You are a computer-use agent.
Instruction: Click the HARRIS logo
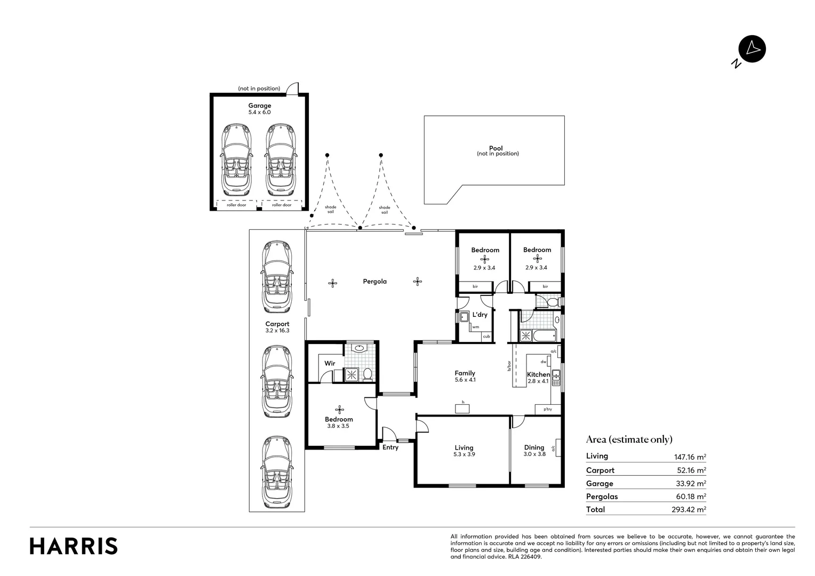[74, 546]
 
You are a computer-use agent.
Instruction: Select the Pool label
[496, 148]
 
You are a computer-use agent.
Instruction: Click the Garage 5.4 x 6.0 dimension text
[259, 113]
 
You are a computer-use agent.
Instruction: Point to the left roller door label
[236, 205]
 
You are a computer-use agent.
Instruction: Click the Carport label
[277, 324]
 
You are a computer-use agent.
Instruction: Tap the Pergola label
[374, 281]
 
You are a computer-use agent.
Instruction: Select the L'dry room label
[480, 315]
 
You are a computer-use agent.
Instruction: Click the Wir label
[330, 363]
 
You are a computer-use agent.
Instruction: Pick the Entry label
[390, 447]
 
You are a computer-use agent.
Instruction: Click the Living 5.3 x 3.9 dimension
[464, 454]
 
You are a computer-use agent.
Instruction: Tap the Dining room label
[534, 447]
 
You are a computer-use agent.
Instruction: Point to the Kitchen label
[538, 374]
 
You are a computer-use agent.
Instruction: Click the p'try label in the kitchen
[548, 410]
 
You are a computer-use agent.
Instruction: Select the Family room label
[465, 373]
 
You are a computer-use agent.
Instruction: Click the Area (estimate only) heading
[629, 439]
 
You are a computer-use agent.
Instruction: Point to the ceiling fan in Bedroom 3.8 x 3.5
[340, 410]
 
